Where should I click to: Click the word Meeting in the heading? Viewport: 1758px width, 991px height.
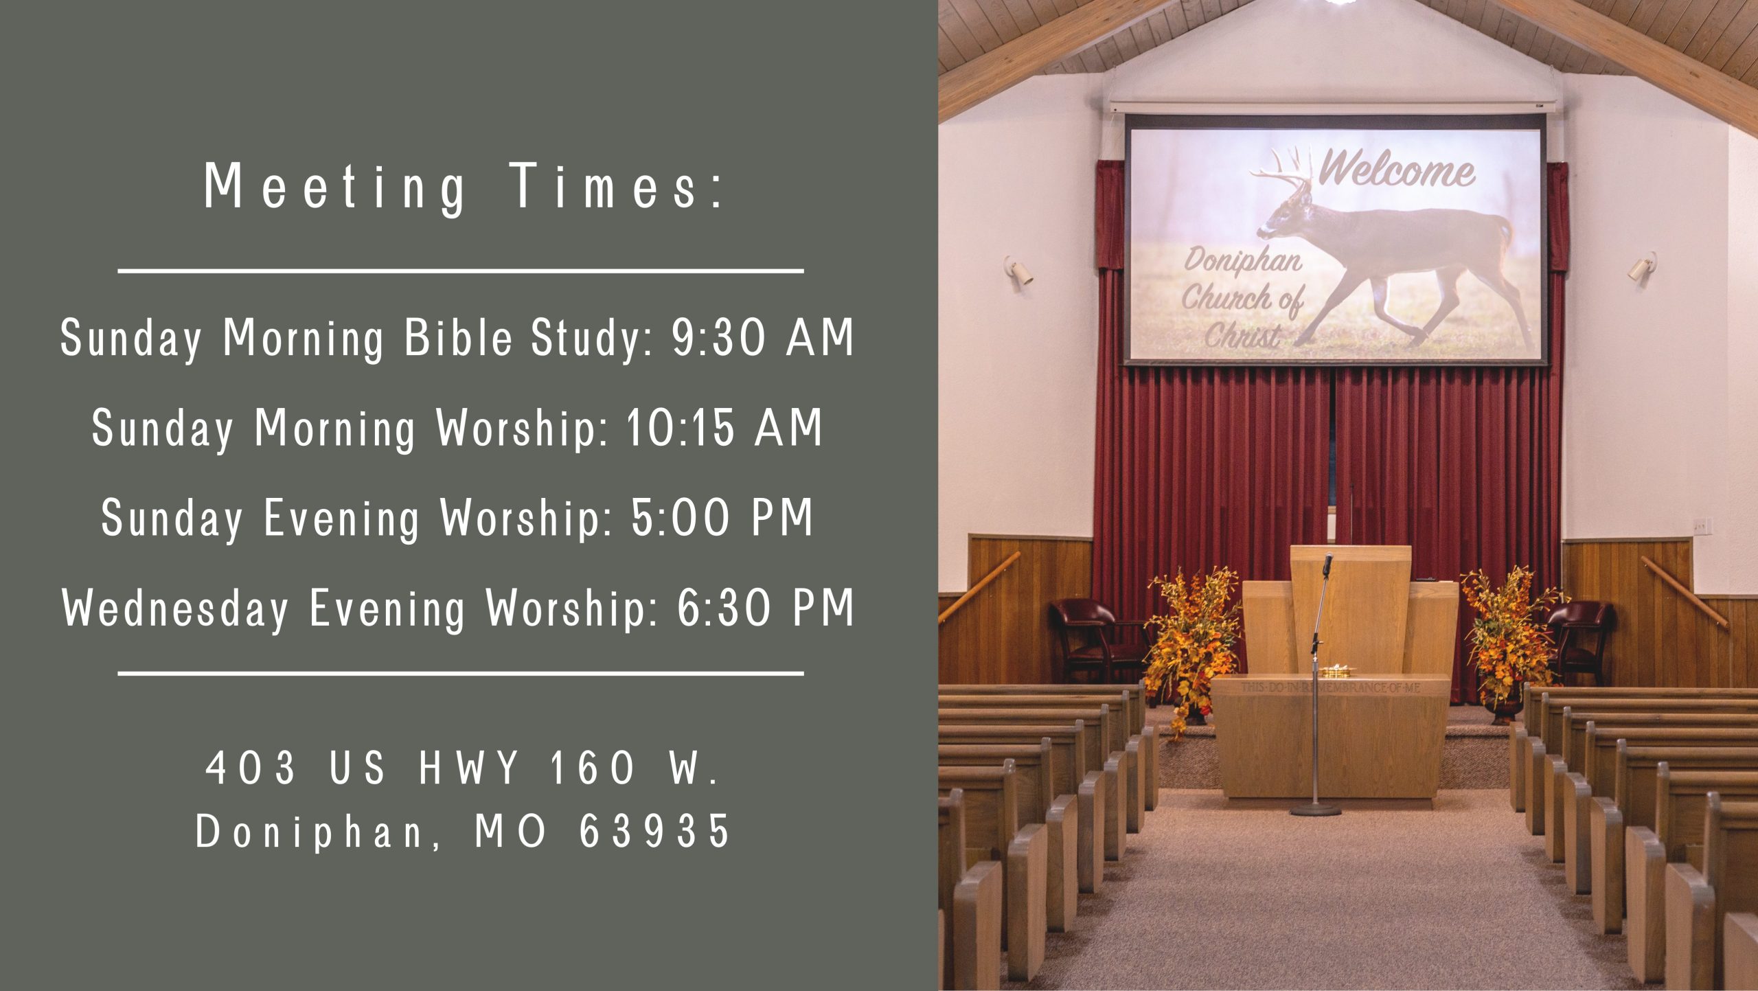335,187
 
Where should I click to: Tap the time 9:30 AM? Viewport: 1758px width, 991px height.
763,338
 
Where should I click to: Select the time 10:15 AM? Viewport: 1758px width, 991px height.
724,427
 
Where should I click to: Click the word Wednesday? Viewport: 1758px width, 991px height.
176,609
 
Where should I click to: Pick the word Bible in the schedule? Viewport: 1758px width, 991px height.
458,337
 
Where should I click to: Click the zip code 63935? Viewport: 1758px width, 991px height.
654,830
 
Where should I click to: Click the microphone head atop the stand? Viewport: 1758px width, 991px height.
1327,564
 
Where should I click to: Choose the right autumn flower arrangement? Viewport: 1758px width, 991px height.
1507,635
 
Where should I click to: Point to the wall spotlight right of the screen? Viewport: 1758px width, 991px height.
1643,266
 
